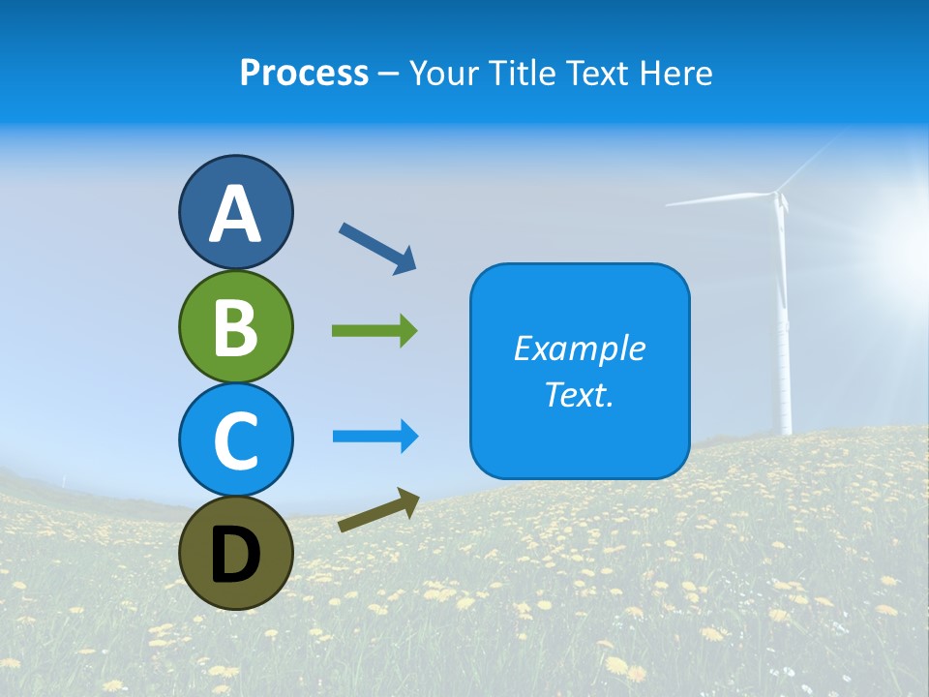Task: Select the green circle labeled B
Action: coord(235,326)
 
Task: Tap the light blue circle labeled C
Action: coord(235,439)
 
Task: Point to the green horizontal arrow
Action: coord(375,331)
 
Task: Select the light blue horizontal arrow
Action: coord(375,437)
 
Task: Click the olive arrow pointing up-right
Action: coord(378,511)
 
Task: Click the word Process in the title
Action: coord(304,73)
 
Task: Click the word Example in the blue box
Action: coord(579,348)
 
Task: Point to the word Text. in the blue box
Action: coord(579,394)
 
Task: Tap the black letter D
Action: coord(235,555)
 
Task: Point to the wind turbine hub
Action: coord(777,197)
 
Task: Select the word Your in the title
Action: coord(441,73)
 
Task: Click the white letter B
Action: coord(235,326)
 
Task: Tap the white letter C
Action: coord(235,439)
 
